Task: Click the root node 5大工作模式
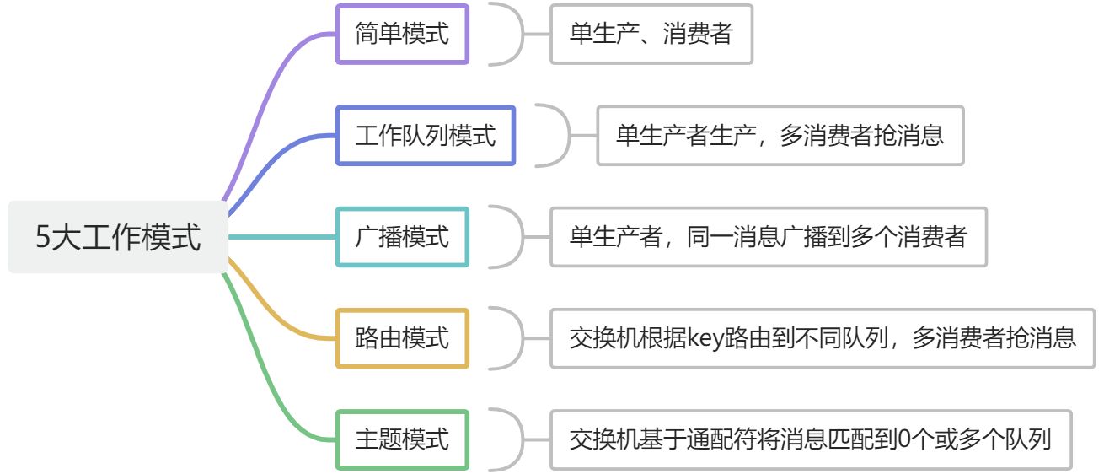[118, 237]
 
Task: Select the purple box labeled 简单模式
[402, 34]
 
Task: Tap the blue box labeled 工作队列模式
[425, 135]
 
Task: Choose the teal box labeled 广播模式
[402, 237]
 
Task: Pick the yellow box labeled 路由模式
[402, 338]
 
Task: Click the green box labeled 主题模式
[402, 439]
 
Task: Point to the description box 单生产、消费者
[651, 34]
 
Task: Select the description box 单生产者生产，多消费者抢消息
[780, 135]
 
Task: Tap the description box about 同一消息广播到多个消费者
[769, 237]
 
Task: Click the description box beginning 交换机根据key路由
[823, 338]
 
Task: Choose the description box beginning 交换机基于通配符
[811, 439]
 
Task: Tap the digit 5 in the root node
[44, 238]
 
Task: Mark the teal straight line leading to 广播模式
[281, 237]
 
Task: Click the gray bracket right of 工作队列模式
[560, 135]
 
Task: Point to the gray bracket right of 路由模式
[514, 338]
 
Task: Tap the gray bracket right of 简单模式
[514, 34]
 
